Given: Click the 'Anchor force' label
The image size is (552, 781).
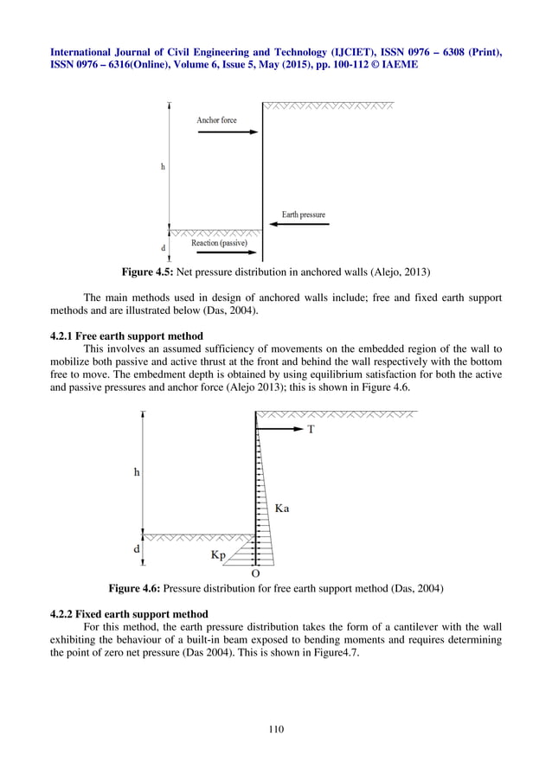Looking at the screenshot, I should coord(216,120).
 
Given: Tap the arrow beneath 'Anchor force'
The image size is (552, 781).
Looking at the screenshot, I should coord(228,132).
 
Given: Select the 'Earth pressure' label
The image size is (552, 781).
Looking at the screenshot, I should coord(303,214).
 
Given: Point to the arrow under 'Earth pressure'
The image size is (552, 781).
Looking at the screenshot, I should coord(298,225).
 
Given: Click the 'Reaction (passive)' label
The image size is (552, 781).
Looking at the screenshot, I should coord(219,243).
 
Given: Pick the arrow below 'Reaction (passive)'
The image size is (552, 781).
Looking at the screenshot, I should coord(221,254).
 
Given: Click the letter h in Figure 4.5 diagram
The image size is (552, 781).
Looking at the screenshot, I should coord(164,166).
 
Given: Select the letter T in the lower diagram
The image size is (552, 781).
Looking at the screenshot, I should coord(312,429).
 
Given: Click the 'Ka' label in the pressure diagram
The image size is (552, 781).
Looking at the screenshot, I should coord(282,509).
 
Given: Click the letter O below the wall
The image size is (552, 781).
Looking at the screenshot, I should coord(254,573).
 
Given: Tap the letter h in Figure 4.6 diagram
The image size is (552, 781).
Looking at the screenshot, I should coord(137,472).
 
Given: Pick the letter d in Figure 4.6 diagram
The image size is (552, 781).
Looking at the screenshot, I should coord(137,548).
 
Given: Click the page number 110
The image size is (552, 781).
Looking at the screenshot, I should coord(276,729).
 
